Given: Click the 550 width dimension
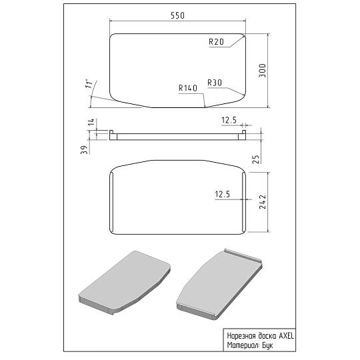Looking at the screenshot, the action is click(x=178, y=15).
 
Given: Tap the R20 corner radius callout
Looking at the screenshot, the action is click(x=216, y=41).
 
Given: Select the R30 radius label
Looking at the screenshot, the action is click(x=215, y=83).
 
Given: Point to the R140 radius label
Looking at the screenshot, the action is click(x=188, y=88).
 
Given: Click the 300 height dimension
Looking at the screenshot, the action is click(x=263, y=71).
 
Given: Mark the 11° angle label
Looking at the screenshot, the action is click(x=89, y=84).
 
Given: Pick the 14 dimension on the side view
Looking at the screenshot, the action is click(x=91, y=122).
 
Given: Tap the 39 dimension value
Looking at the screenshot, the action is click(x=85, y=150).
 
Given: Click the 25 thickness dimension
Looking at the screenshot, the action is click(x=256, y=159).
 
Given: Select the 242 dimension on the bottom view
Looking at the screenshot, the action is click(x=263, y=202).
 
